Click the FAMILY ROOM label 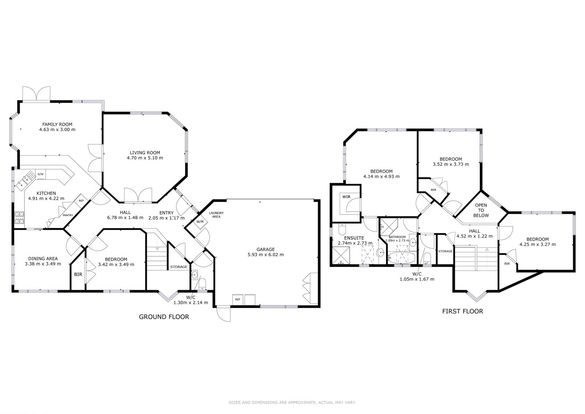click(57, 124)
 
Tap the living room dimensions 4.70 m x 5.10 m click(145, 158)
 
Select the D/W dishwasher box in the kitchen click(41, 174)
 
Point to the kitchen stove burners click(19, 218)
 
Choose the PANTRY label click(68, 216)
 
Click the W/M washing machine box click(200, 222)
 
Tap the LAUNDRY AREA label click(216, 215)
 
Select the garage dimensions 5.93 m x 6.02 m click(265, 255)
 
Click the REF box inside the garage click(238, 299)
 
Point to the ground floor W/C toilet click(203, 283)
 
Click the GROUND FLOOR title click(164, 317)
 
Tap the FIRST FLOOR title click(463, 311)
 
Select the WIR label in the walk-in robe click(346, 197)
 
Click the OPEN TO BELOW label click(481, 210)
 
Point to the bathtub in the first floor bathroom click(402, 258)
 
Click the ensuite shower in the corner click(341, 255)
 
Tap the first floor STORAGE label click(445, 251)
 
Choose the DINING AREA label click(43, 259)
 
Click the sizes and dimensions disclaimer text click(292, 403)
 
